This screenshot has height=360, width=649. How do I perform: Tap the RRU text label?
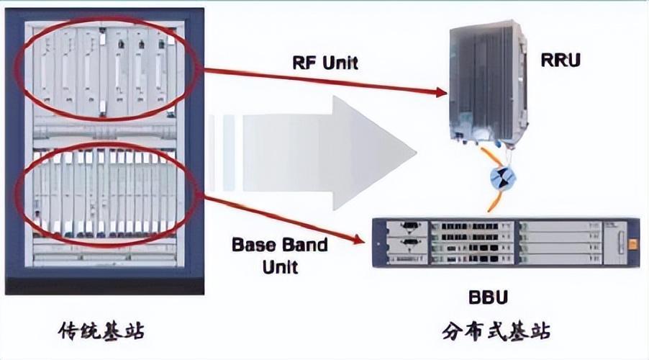coord(560,59)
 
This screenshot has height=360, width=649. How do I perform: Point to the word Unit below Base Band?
coord(279,267)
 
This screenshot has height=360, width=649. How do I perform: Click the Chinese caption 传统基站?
coord(101,331)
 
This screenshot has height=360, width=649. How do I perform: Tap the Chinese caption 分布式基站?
coord(496,332)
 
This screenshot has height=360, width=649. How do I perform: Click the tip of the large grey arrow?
coord(415,153)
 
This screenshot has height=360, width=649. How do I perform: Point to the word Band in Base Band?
coord(303,244)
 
